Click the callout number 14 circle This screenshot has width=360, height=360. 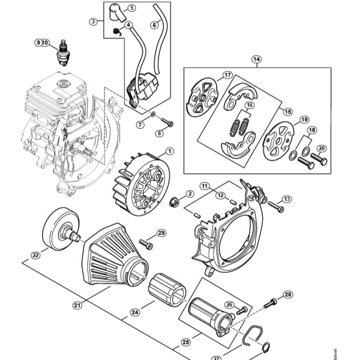coord(256,59)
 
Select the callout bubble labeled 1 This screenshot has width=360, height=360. coord(170,151)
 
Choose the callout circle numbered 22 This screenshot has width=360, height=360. coord(36,255)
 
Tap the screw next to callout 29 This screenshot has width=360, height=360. coord(146,244)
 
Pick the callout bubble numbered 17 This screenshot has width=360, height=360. coord(227,75)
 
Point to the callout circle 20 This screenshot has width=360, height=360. coord(322,148)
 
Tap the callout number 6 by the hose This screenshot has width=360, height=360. coord(154,25)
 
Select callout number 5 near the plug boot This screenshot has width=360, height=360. coord(131,8)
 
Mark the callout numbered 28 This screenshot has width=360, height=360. coord(288,295)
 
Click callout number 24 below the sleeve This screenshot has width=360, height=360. coord(135,312)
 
